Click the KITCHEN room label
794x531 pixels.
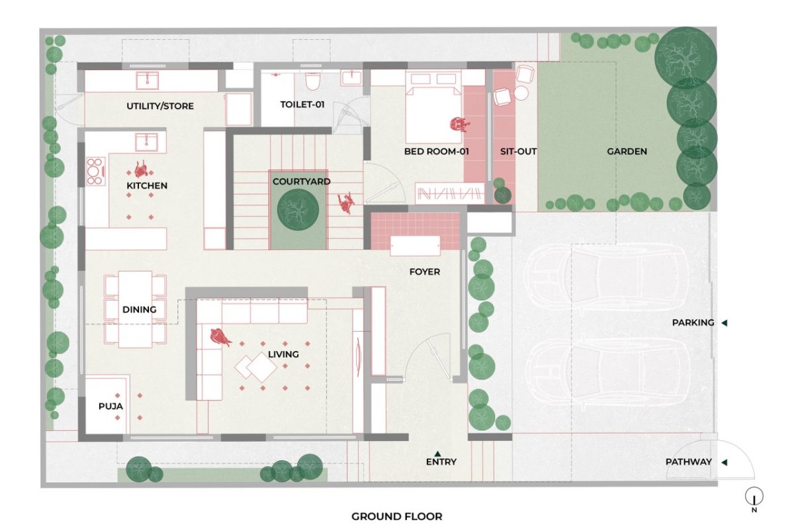click(x=147, y=185)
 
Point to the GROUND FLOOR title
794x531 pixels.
click(x=396, y=516)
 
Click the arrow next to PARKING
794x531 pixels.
click(x=725, y=323)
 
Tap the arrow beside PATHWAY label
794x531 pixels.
click(x=725, y=462)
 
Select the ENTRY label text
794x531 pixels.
click(x=441, y=461)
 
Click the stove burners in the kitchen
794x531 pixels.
click(x=95, y=171)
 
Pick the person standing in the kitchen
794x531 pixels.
click(x=141, y=168)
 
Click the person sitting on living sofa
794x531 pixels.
click(x=220, y=338)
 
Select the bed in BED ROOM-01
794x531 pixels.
click(x=433, y=106)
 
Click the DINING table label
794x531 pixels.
click(x=139, y=309)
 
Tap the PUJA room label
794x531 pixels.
click(x=110, y=406)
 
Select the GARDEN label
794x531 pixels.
click(x=627, y=152)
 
